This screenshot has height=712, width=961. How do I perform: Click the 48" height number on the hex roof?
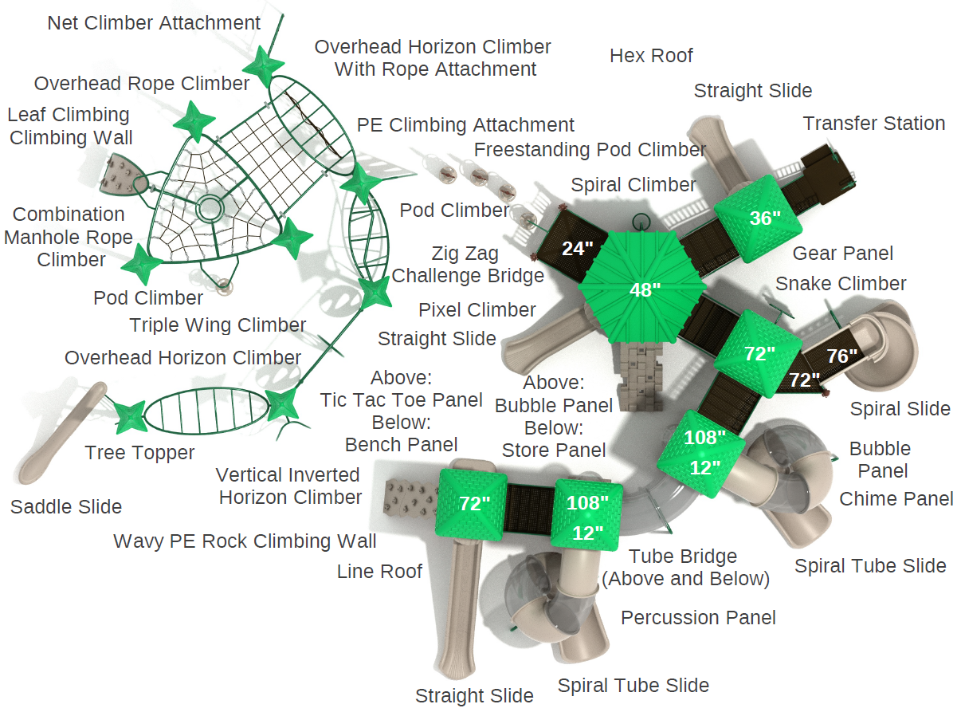pos(645,289)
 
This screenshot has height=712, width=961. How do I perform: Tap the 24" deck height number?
pos(578,248)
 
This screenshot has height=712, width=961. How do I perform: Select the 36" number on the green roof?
pos(765,218)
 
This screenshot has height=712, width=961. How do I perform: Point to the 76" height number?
pos(842,356)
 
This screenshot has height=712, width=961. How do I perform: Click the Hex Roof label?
pos(651,56)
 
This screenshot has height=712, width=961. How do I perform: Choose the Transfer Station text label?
pos(873,124)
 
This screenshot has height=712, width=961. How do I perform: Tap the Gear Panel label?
pos(842,254)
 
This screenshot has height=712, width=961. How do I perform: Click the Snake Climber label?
pos(841,284)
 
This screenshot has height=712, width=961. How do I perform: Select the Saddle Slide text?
pos(66,507)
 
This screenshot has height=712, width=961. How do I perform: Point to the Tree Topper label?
pos(139,453)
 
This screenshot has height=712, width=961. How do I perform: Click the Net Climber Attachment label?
pos(154,23)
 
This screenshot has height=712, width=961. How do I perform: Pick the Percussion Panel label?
pos(698,618)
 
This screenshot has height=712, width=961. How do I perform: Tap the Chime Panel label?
pos(896,499)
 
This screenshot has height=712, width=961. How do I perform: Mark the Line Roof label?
pos(379,571)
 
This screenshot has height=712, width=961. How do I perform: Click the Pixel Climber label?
pos(477,310)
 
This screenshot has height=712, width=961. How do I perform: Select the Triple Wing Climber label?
pos(218,325)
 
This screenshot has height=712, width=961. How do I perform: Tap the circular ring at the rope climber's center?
pos(210,209)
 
